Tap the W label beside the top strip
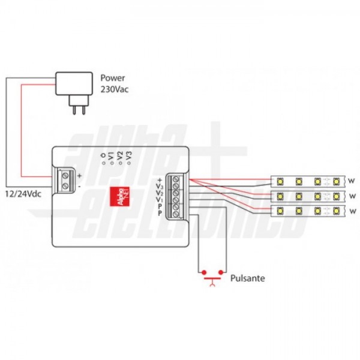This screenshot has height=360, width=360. (x=352, y=180)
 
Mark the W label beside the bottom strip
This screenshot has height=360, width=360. (x=352, y=211)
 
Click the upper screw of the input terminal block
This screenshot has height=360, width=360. (x=65, y=176)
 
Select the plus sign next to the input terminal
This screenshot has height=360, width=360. (x=80, y=175)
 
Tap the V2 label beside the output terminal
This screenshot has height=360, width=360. (x=160, y=193)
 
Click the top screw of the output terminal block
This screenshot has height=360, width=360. (x=176, y=179)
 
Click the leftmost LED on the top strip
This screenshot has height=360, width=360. (x=281, y=180)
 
